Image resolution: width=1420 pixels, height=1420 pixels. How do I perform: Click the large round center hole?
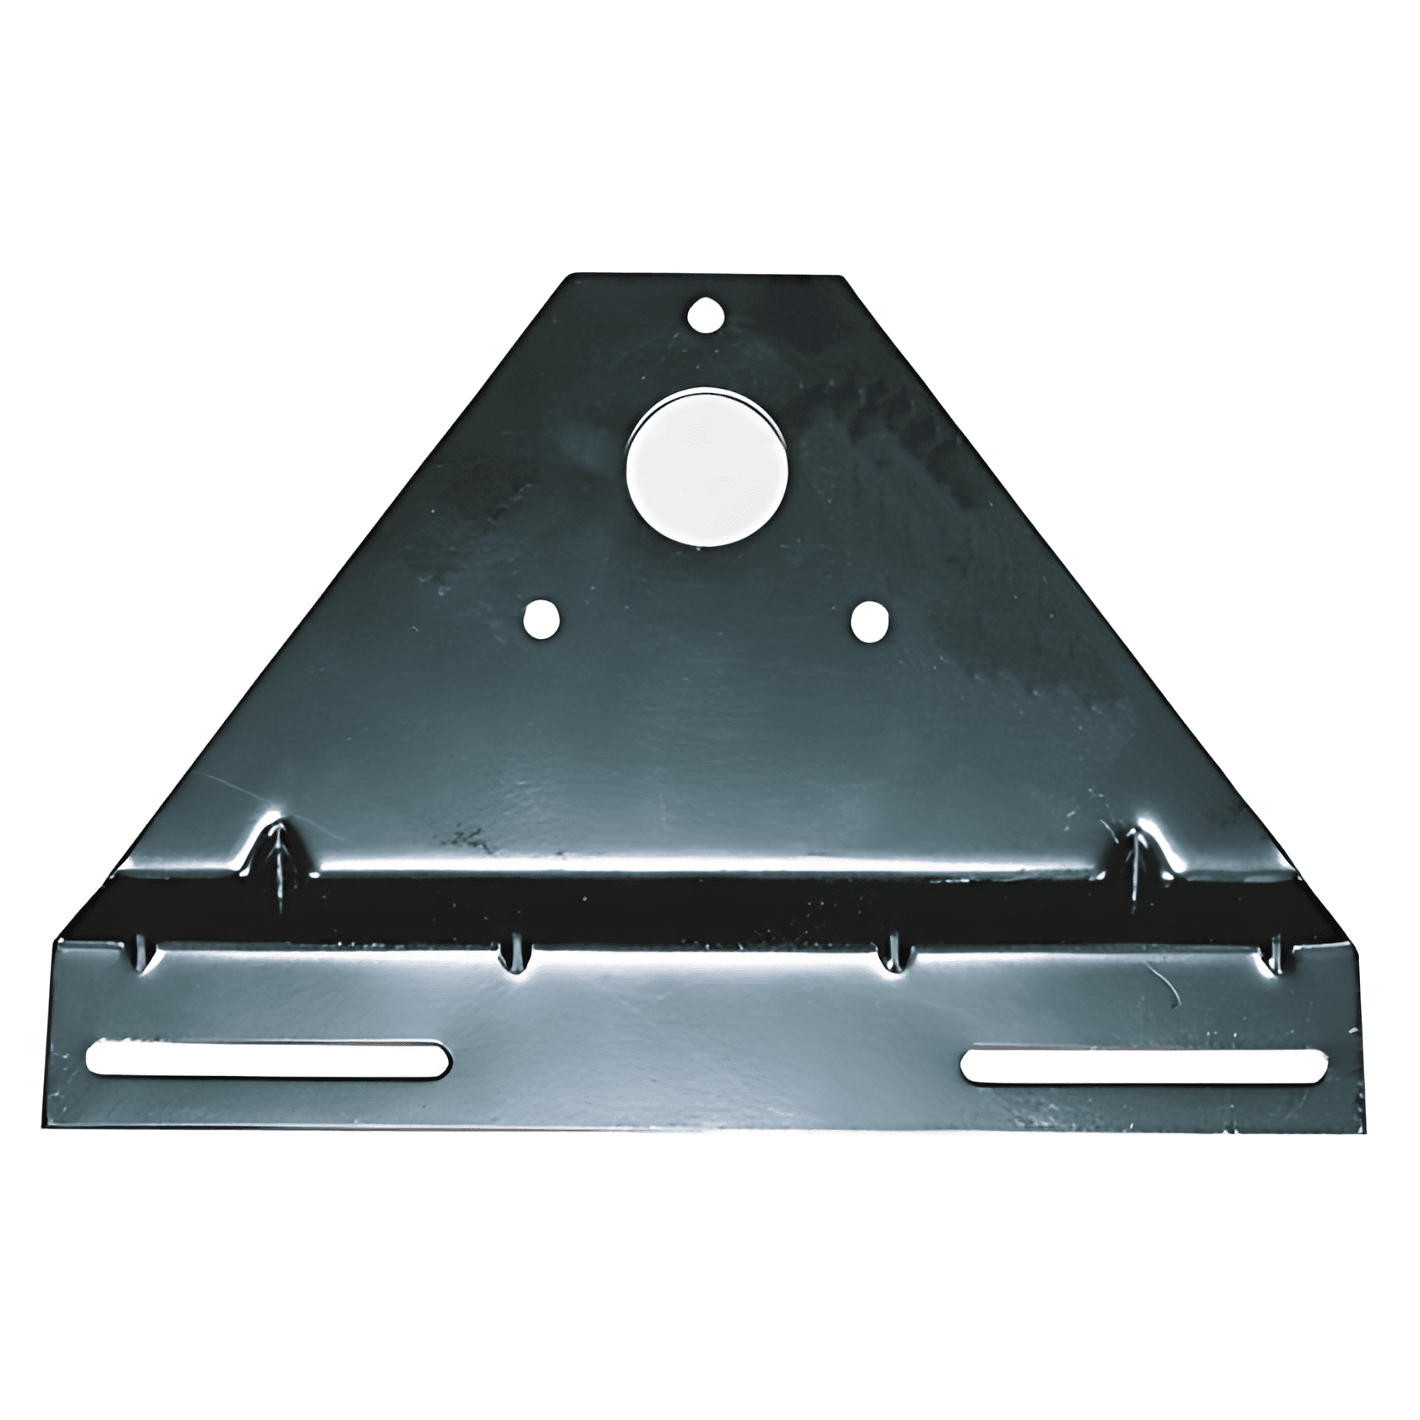(x=708, y=466)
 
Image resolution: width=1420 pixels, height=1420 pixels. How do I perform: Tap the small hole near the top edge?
(x=707, y=315)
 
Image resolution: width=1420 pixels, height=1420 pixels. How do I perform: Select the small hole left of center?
(x=542, y=620)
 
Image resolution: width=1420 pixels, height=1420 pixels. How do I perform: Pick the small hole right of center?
(x=871, y=620)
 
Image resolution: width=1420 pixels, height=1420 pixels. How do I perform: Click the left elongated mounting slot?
(x=268, y=1059)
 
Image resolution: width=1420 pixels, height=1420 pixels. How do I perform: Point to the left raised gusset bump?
(x=276, y=854)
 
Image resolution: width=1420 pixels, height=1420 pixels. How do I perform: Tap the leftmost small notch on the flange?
(x=141, y=953)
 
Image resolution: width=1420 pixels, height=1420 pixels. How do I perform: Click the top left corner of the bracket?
(x=576, y=276)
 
